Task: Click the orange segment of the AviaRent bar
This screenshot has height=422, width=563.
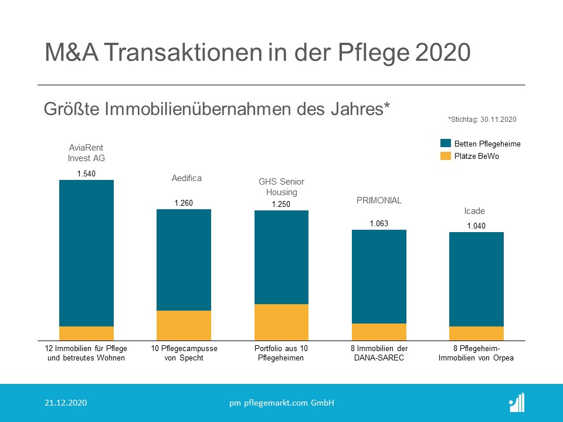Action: [86, 333]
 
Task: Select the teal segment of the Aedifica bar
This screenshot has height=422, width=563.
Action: [184, 260]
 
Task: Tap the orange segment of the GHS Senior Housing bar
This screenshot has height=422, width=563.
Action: [281, 322]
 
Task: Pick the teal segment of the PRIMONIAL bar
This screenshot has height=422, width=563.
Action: [379, 276]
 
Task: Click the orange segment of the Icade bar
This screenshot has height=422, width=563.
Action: [476, 333]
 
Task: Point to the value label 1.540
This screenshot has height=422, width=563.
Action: [86, 173]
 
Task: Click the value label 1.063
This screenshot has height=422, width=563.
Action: [379, 223]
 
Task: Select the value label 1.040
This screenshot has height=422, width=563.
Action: [476, 226]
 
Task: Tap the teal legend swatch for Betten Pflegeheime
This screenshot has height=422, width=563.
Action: [445, 144]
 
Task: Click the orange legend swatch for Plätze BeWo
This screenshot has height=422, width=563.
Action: [445, 156]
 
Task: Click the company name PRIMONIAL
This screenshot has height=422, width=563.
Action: [379, 200]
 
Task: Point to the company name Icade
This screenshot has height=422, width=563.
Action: [474, 211]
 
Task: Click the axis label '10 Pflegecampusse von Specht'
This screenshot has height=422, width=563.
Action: [184, 353]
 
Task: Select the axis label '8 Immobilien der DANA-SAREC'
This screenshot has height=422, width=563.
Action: [379, 353]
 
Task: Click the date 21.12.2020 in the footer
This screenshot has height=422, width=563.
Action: [66, 403]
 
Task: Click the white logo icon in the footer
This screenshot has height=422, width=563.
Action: [517, 402]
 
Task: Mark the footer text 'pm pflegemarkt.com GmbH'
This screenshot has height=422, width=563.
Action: [281, 403]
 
